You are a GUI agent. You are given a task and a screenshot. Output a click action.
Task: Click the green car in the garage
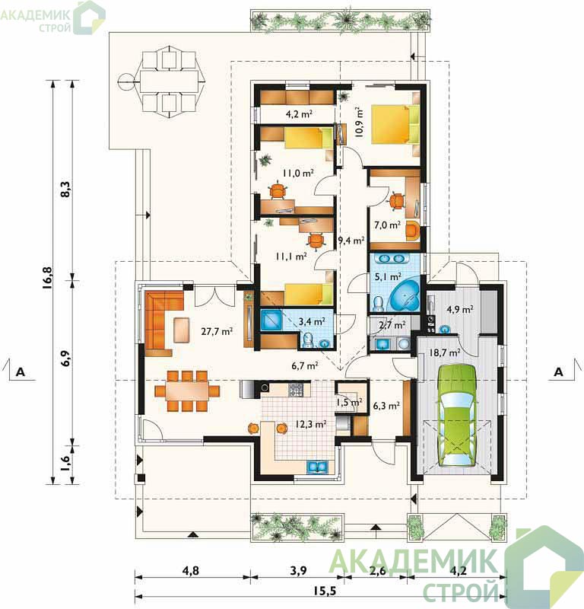tap(457, 415)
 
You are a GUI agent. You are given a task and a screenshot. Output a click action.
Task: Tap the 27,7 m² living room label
tap(217, 331)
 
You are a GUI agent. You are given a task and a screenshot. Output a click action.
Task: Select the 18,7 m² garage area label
tap(445, 352)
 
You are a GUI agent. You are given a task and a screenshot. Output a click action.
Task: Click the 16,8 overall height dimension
tap(48, 278)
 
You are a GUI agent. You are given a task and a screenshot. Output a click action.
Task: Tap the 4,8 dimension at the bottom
tap(191, 570)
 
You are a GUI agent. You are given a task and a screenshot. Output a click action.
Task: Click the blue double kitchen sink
tap(318, 467)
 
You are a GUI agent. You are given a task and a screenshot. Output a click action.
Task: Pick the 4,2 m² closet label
tap(299, 114)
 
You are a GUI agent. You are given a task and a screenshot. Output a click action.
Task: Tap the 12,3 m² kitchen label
tap(311, 424)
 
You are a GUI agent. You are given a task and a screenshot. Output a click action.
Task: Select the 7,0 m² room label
tap(387, 225)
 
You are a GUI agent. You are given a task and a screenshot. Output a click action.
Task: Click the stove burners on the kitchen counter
tap(296, 390)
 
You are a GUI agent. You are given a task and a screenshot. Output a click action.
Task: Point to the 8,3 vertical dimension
tap(66, 189)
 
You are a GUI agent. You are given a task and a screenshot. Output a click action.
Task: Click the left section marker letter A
tap(21, 372)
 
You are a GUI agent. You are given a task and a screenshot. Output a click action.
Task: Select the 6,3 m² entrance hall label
tap(386, 406)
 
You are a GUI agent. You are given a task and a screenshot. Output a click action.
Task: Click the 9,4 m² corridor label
tap(351, 241)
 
